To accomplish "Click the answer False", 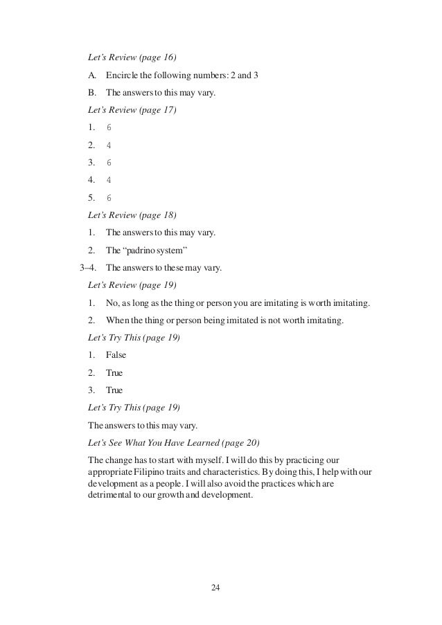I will pyautogui.click(x=116, y=355).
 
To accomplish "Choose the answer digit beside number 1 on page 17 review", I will pyautogui.click(x=109, y=128).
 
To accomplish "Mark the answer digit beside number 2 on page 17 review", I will pyautogui.click(x=109, y=145).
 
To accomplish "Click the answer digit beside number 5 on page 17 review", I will pyautogui.click(x=109, y=197).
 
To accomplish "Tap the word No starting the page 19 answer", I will pyautogui.click(x=112, y=302).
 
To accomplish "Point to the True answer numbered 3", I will pyautogui.click(x=114, y=390).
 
